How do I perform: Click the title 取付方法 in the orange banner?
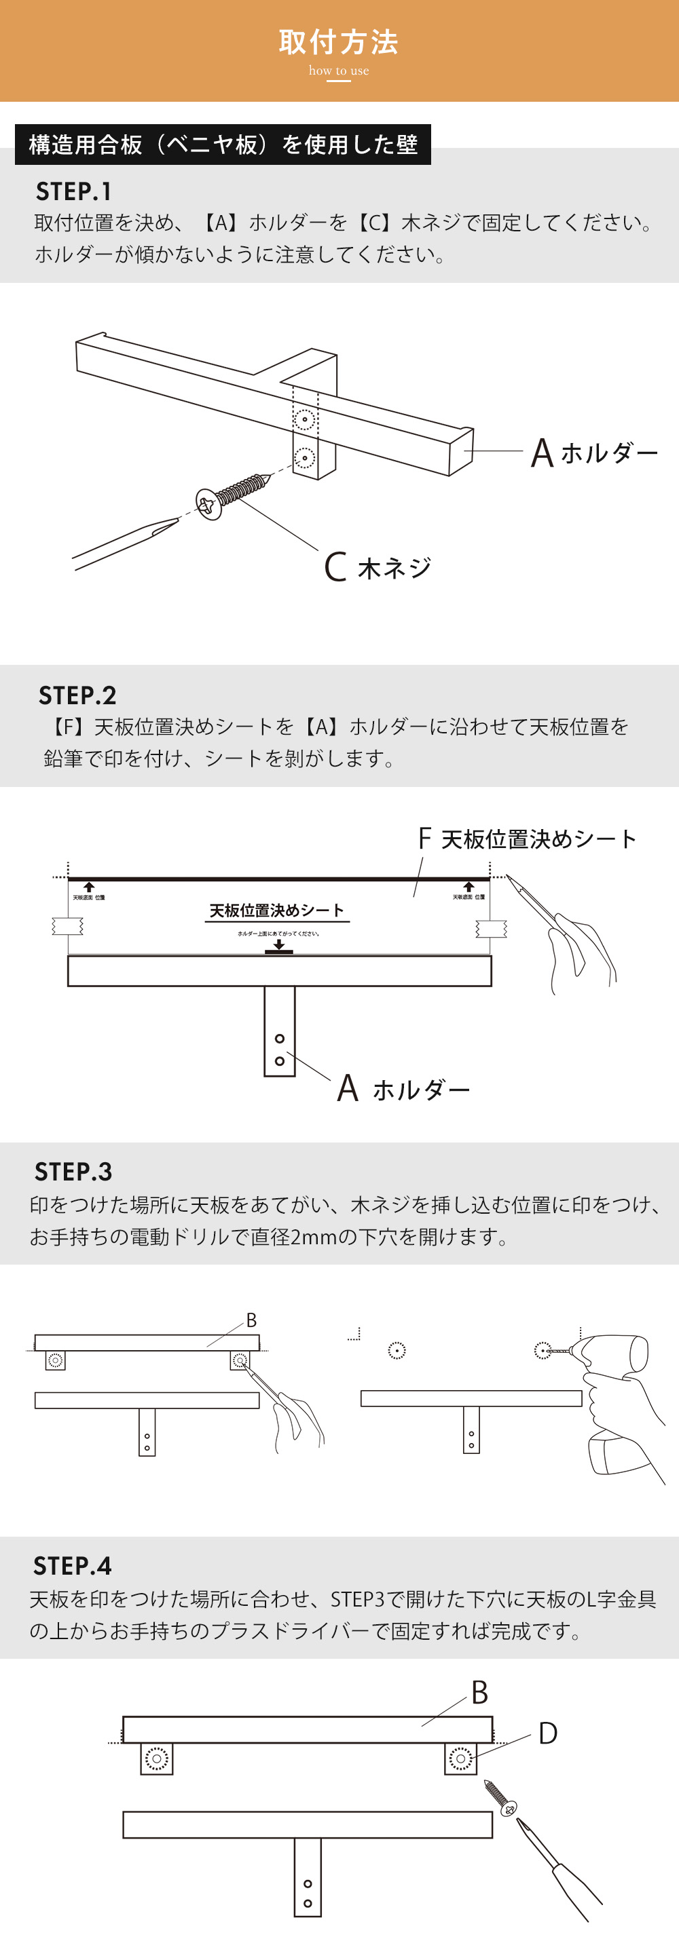pos(338,43)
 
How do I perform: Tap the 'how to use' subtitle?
pos(338,71)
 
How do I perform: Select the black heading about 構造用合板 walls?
pos(223,145)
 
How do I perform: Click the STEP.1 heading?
pos(74,191)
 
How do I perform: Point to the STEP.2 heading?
pos(77,695)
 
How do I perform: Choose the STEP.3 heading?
pos(73,1171)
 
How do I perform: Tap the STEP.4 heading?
pos(72,1565)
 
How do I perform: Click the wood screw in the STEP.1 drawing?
pos(232,495)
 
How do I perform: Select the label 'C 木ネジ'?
pos(378,567)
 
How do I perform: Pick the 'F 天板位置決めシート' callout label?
pos(527,839)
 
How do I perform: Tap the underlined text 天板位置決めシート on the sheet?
pos(277,910)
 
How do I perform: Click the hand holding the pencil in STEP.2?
pos(582,950)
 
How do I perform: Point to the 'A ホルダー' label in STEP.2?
pos(404,1089)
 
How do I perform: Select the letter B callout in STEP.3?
pos(251,1320)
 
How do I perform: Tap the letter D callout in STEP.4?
pos(547,1733)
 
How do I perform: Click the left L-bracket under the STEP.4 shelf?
pos(157,1758)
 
